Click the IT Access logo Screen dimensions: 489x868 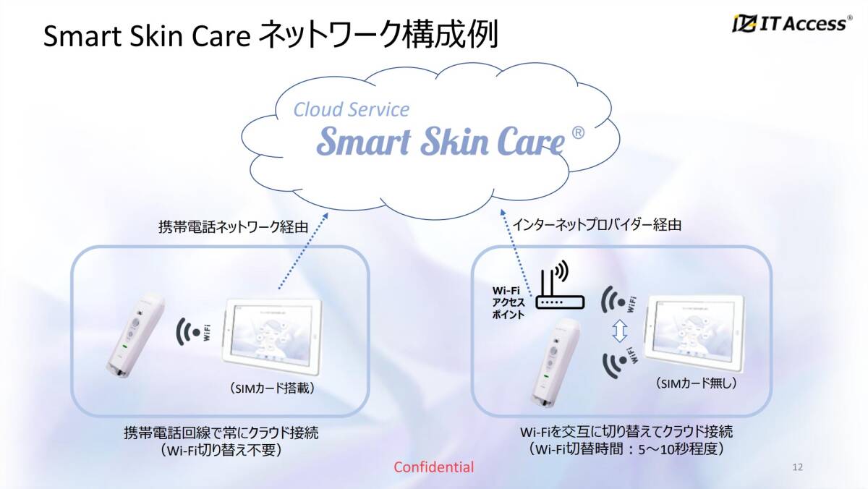(x=791, y=24)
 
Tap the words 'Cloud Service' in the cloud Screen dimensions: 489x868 (x=351, y=109)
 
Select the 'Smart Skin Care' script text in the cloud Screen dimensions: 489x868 (x=440, y=141)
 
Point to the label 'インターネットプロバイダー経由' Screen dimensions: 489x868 (x=597, y=225)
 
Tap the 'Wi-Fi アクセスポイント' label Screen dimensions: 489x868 (x=509, y=303)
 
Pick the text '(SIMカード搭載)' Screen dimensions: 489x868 (x=271, y=388)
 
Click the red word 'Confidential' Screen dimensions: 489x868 (x=434, y=467)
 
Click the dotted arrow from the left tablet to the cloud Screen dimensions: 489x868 (x=302, y=252)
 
